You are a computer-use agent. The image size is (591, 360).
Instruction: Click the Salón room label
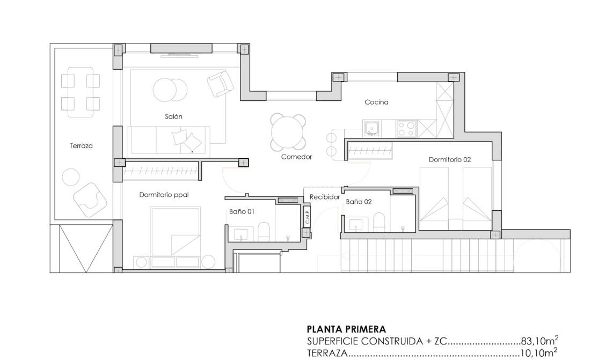pyautogui.click(x=173, y=116)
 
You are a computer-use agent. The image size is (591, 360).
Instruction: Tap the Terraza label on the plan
pyautogui.click(x=81, y=145)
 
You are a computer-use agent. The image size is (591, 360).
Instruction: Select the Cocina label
pyautogui.click(x=376, y=102)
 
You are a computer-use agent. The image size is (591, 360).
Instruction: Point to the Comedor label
pyautogui.click(x=296, y=157)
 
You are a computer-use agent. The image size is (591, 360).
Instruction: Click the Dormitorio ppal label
pyautogui.click(x=164, y=195)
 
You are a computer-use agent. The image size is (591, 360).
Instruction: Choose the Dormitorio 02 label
pyautogui.click(x=450, y=159)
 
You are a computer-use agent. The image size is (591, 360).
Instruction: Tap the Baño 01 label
pyautogui.click(x=242, y=211)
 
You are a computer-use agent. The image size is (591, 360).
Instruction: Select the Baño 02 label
pyautogui.click(x=358, y=202)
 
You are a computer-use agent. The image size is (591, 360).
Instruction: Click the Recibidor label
pyautogui.click(x=325, y=197)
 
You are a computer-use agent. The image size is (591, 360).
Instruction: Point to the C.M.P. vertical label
pyautogui.click(x=308, y=217)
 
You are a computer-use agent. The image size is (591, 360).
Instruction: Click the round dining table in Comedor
pyautogui.click(x=288, y=132)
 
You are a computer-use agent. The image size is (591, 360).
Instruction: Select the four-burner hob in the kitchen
pyautogui.click(x=406, y=128)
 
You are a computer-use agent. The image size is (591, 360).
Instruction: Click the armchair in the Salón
pyautogui.click(x=220, y=84)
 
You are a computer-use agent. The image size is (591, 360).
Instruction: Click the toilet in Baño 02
pyautogui.click(x=379, y=223)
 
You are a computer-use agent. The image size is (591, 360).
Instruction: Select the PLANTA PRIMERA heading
pyautogui.click(x=346, y=329)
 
